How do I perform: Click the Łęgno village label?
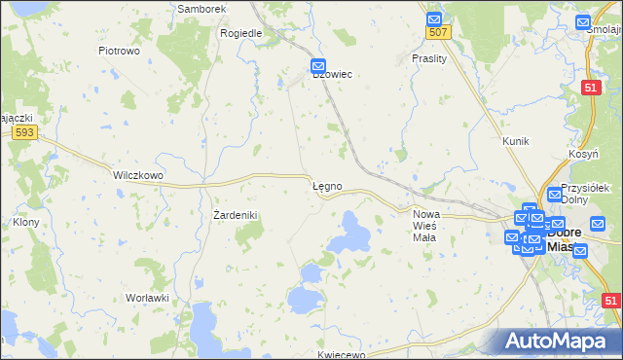pyautogui.click(x=326, y=186)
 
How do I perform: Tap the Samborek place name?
pyautogui.click(x=202, y=9)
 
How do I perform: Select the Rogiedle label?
pyautogui.click(x=241, y=33)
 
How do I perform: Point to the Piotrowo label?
pyautogui.click(x=121, y=50)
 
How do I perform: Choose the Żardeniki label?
pyautogui.click(x=235, y=215)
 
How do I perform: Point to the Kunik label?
pyautogui.click(x=515, y=142)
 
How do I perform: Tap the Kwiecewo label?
pyautogui.click(x=341, y=355)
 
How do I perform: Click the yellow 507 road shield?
pyautogui.click(x=438, y=33)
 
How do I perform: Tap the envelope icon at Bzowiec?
pyautogui.click(x=318, y=66)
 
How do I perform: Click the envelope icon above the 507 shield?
pyautogui.click(x=434, y=18)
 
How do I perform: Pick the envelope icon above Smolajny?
pyautogui.click(x=583, y=22)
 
